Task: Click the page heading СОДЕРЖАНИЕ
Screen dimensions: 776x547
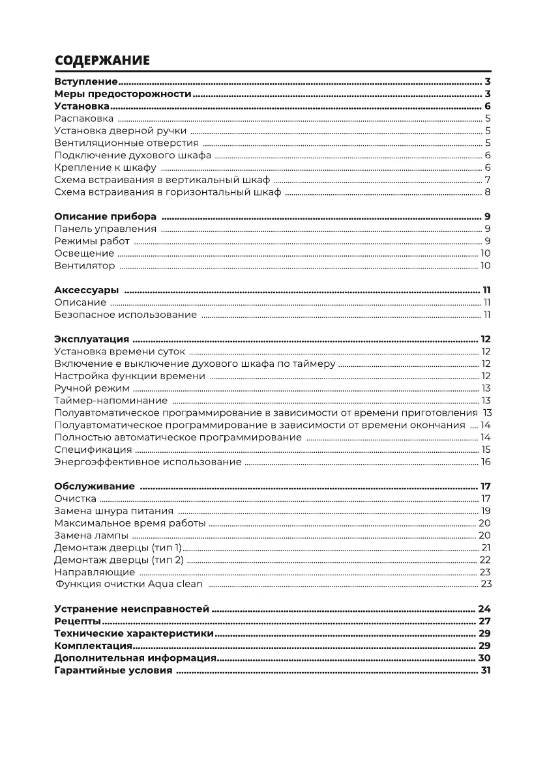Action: [x=102, y=61]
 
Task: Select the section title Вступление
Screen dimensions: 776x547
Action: [x=85, y=82]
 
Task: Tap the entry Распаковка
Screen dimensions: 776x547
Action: [x=83, y=119]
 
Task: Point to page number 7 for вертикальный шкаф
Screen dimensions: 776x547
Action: [x=488, y=180]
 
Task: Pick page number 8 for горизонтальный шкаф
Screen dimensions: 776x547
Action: [x=488, y=192]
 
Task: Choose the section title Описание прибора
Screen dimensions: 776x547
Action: [x=105, y=217]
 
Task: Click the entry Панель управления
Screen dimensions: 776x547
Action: [x=105, y=229]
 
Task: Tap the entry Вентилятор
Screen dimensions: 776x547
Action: [x=85, y=266]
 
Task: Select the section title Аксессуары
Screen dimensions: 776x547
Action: [x=86, y=291]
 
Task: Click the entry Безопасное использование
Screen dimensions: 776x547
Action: [x=125, y=315]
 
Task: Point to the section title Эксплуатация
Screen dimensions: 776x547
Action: [x=92, y=339]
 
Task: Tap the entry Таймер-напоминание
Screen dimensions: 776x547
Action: [x=111, y=401]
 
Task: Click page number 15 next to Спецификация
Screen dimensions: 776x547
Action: [x=486, y=450]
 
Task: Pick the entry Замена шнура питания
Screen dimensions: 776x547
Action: [x=113, y=511]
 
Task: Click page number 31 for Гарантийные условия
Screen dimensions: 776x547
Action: [x=485, y=671]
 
